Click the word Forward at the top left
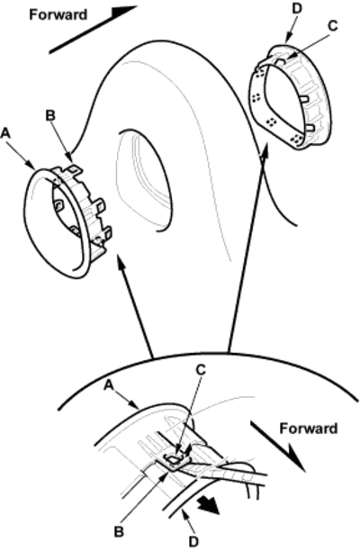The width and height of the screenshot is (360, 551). pos(58,14)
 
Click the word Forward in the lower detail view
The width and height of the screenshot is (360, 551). pos(309,429)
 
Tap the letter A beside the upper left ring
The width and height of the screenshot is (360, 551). pos(5,133)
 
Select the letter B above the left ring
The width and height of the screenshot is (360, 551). pos(50,116)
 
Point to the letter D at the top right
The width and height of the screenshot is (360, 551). pos(297,9)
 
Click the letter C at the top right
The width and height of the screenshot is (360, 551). pos(332,25)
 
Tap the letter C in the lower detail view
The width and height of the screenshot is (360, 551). pos(201,370)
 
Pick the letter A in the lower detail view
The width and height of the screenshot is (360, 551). pos(109,385)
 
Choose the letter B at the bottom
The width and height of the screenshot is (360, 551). pos(119,532)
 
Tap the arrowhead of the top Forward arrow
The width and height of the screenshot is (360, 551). pos(123,11)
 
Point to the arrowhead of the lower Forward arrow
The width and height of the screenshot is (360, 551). pos(296,457)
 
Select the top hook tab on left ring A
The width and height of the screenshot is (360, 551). pos(75,169)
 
